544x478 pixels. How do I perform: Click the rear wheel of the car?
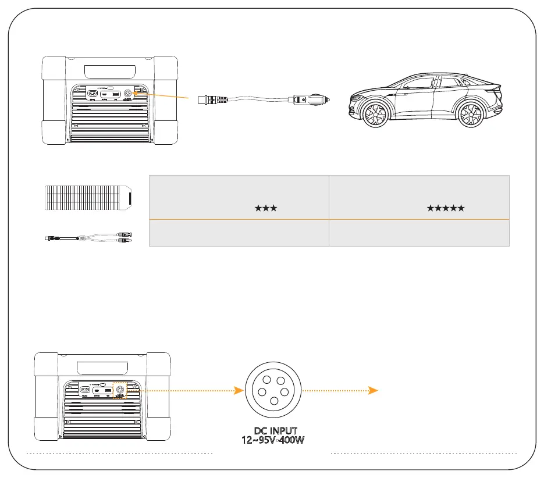coord(470,113)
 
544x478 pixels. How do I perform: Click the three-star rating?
coord(265,208)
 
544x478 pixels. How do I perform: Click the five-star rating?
coord(446,208)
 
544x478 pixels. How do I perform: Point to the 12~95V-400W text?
coord(273,440)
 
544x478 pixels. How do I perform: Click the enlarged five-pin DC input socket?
coord(273,391)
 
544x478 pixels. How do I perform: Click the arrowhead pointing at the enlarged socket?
coord(238,391)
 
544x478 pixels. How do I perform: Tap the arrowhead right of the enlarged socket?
coord(375,391)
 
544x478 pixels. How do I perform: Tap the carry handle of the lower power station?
coord(102,368)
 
